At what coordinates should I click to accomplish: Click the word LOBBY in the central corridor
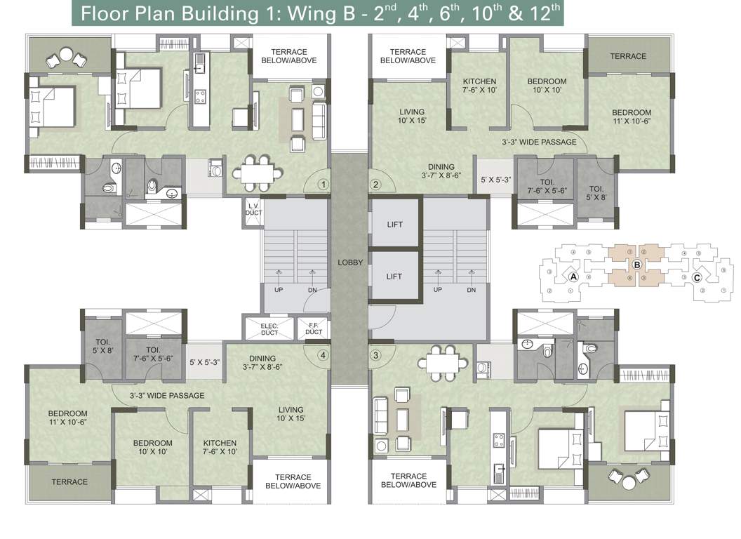coord(350,262)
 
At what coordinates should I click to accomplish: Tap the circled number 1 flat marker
coord(323,185)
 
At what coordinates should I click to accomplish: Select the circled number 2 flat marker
coord(375,185)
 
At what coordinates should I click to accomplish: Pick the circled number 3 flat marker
coord(375,355)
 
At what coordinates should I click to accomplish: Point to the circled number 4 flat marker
coord(323,355)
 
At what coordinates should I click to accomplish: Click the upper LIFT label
coord(394,225)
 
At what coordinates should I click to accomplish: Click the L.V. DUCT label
coord(253,208)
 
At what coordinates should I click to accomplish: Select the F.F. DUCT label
coord(314,328)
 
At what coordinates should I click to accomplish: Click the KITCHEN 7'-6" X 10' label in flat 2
coord(479,86)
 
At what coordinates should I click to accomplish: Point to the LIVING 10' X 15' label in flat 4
coord(291,414)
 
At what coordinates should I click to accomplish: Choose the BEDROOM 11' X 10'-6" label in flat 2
coord(631,117)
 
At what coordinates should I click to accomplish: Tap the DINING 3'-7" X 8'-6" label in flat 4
coord(262,363)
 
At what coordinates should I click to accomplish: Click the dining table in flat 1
coord(255,171)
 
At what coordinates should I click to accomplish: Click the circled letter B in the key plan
coord(636,265)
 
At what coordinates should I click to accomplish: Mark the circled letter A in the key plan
coord(573,277)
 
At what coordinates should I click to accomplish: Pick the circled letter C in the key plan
coord(697,277)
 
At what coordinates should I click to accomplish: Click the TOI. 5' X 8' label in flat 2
coord(596,193)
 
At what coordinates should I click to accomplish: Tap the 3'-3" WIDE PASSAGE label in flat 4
coord(167,396)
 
